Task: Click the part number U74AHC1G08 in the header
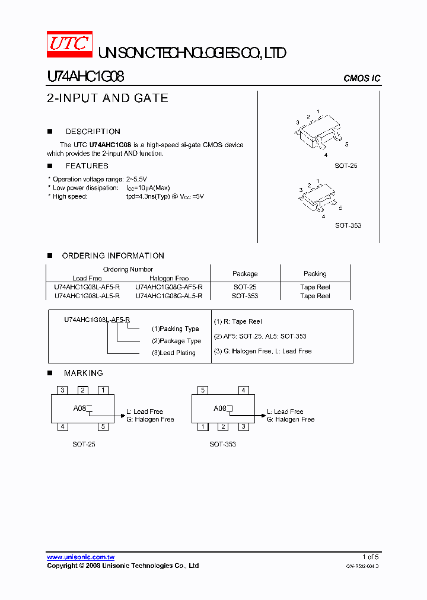coord(85,77)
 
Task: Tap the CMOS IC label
coord(362,79)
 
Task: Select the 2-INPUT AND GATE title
coord(107,98)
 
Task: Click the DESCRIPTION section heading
coord(93,132)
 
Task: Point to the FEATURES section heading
coord(87,166)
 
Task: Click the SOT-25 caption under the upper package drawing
coord(346,166)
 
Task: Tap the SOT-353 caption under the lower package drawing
coord(348,225)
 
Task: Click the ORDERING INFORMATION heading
coord(113,256)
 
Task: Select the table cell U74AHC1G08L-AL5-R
coord(87,296)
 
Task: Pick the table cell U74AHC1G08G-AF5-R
coord(169,287)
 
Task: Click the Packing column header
coord(315,273)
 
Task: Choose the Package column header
coord(245,273)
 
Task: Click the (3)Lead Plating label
coord(173,353)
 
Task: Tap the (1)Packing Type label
coord(175,328)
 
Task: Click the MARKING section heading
coord(83,373)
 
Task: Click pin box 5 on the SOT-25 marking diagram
coord(103,426)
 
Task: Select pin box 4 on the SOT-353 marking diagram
coord(243,390)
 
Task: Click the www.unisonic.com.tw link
coord(81,557)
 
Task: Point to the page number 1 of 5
coord(370,557)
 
